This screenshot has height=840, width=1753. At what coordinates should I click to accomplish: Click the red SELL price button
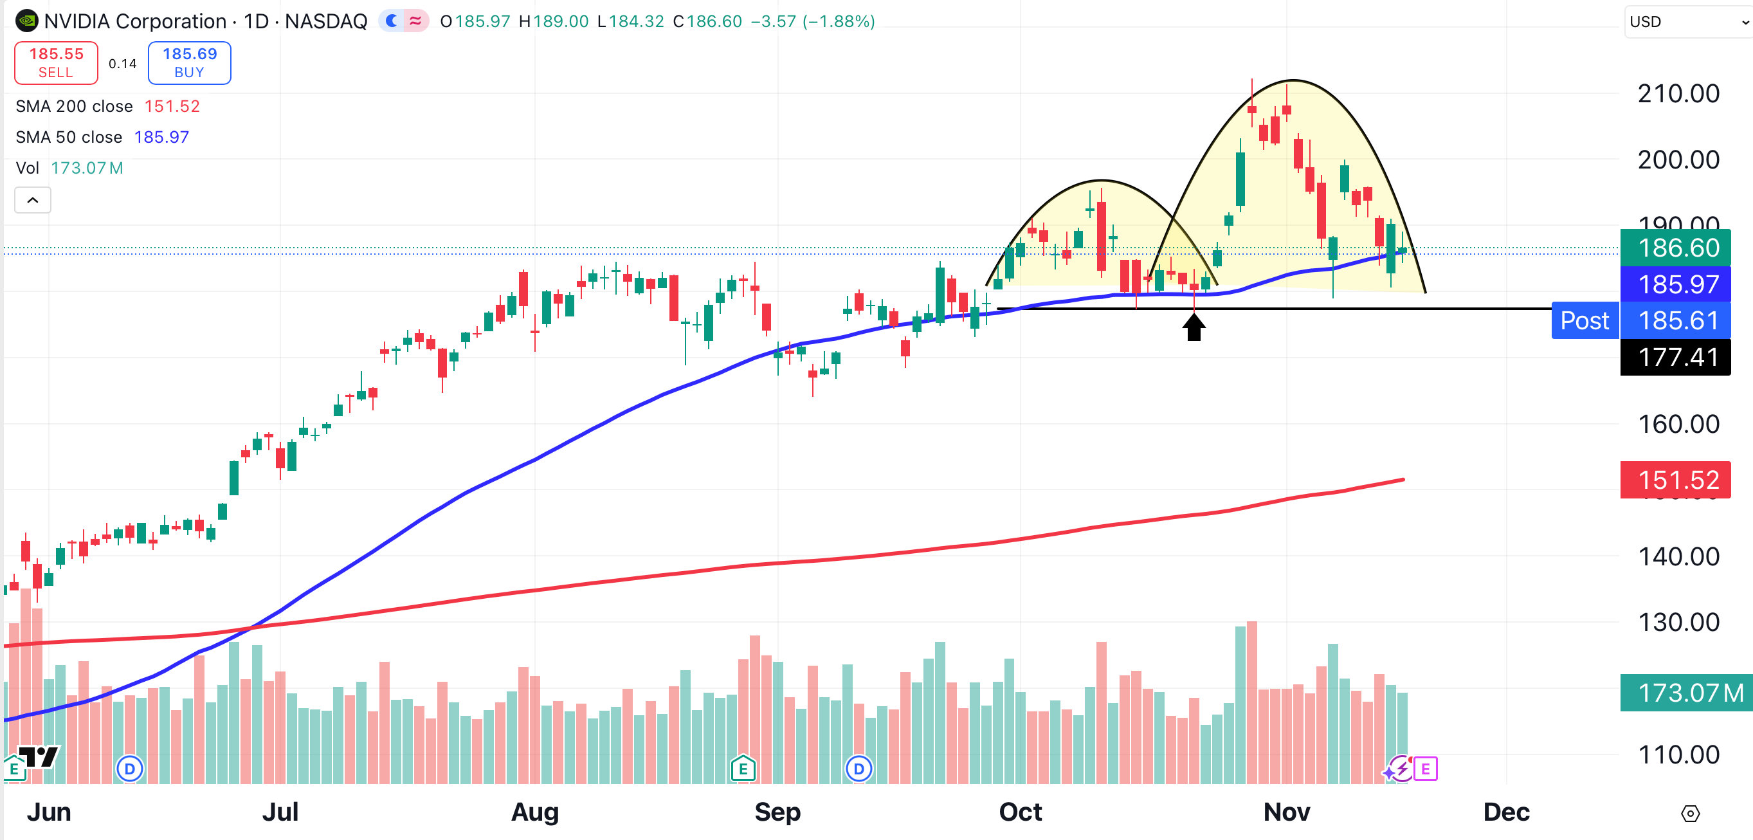[x=57, y=62]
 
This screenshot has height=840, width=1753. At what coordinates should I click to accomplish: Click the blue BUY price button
[x=189, y=62]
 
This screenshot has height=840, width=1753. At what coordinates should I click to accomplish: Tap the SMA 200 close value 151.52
[x=172, y=106]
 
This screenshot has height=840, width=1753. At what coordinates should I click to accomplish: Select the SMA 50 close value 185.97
[x=161, y=137]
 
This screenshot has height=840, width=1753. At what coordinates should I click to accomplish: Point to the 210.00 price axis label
[x=1678, y=94]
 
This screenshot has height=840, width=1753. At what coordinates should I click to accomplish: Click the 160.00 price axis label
[x=1678, y=424]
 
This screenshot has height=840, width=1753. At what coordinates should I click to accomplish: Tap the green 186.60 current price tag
[x=1678, y=248]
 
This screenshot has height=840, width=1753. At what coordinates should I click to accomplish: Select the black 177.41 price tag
[x=1678, y=357]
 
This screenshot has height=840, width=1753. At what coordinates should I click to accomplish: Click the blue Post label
[x=1585, y=320]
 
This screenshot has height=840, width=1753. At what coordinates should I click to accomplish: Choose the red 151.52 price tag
[x=1678, y=480]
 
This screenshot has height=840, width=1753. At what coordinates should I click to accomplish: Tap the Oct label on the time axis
[x=1019, y=812]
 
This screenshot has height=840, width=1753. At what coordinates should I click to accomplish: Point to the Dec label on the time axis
[x=1506, y=812]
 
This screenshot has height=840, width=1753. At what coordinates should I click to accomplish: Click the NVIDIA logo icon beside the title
[x=26, y=21]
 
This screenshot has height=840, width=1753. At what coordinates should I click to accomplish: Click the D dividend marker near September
[x=858, y=769]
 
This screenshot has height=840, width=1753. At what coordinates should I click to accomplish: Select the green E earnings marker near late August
[x=743, y=769]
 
